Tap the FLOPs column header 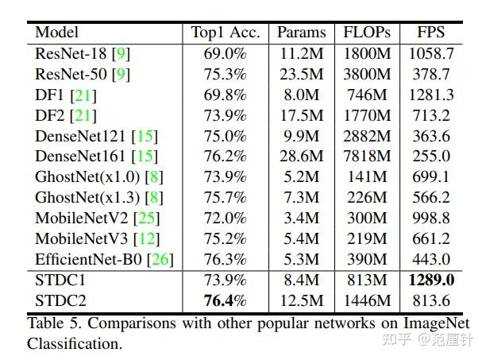[366, 33]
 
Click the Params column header [301, 33]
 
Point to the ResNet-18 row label [71, 54]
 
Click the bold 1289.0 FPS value [431, 280]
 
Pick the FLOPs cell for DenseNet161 [366, 156]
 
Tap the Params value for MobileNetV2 [301, 218]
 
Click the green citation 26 [161, 259]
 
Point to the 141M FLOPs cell [366, 176]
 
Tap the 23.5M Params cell [301, 75]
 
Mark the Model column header [56, 33]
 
